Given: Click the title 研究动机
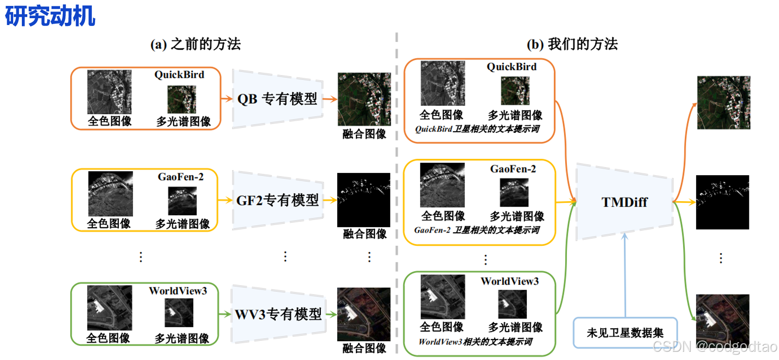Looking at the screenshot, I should click(50, 16).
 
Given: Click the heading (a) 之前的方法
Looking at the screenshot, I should click(196, 44).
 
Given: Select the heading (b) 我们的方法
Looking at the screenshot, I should click(572, 44).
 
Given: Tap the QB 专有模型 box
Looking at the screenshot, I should click(277, 99).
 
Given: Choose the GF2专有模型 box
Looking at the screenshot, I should click(278, 200).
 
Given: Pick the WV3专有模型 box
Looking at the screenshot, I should click(278, 314).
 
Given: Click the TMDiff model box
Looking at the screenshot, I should click(624, 202).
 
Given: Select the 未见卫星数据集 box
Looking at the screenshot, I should click(625, 333).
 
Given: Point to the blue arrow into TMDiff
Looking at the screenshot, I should click(625, 273).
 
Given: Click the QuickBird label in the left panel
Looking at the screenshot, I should click(179, 75).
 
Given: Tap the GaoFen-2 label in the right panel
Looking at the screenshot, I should click(513, 169).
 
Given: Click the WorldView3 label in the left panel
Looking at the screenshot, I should click(178, 291).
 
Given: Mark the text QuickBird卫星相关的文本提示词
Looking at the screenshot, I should click(477, 129).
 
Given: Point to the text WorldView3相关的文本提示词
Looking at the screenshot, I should click(475, 342).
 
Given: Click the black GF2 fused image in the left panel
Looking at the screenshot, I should click(364, 200).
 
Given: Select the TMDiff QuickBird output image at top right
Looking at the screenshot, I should click(723, 102).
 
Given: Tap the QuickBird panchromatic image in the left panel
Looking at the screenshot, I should click(109, 92).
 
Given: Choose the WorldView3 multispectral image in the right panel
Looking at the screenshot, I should click(512, 304).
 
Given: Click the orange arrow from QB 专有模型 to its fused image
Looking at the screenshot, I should click(330, 99).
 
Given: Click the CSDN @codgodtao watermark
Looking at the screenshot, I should click(715, 347).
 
